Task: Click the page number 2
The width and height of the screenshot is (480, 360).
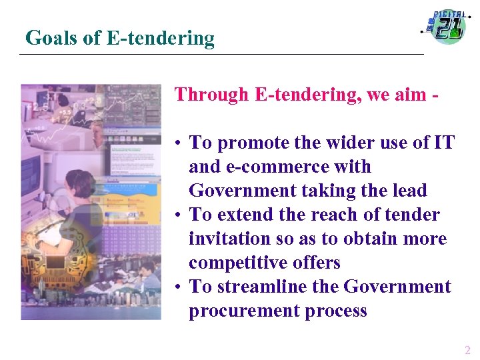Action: (467, 350)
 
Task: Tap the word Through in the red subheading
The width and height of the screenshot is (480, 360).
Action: (211, 95)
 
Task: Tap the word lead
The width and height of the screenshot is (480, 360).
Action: (409, 191)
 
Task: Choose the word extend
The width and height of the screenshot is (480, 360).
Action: (245, 215)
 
